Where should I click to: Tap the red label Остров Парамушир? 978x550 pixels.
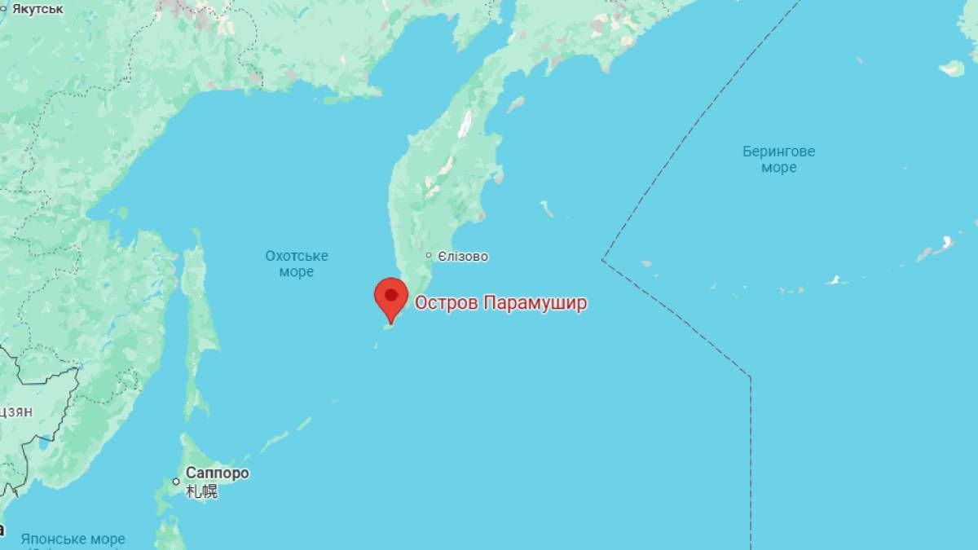coord(500,303)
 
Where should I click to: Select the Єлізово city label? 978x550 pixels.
coord(463,257)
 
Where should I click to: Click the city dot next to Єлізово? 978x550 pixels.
coord(429,256)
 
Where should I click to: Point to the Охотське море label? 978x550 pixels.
coord(296,264)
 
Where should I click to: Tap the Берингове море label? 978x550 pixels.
coord(778,160)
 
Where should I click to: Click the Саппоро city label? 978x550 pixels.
coord(217,473)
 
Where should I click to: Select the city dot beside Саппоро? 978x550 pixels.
coord(176,482)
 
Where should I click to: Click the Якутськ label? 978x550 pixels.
coord(37,9)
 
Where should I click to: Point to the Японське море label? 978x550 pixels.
coord(73,539)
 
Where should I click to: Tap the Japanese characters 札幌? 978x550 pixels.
coord(201,491)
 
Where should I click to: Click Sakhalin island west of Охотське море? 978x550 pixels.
coord(198,318)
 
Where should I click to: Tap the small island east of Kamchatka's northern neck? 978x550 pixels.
coord(516,104)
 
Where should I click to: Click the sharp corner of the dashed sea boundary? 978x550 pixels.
coord(602,260)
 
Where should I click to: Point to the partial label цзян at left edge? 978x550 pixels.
coord(16,411)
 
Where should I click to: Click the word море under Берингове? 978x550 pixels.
coord(778,168)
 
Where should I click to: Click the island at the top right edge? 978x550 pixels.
coord(952,68)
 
